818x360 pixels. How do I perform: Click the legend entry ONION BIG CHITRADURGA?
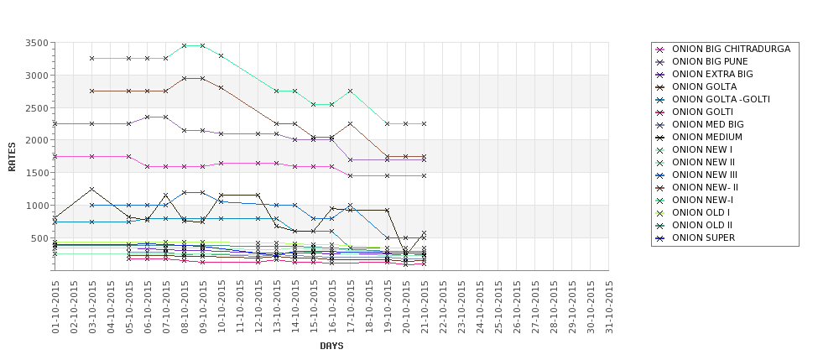click(731, 50)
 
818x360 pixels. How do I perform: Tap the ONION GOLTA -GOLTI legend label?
click(721, 100)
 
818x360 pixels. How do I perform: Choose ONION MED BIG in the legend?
click(708, 125)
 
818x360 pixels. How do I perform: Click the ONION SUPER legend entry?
click(703, 238)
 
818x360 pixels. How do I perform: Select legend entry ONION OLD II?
click(702, 226)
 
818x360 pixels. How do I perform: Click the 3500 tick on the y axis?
click(37, 43)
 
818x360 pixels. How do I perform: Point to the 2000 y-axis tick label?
click(37, 140)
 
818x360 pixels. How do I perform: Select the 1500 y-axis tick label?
click(37, 173)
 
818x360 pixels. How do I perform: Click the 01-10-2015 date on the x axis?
click(55, 306)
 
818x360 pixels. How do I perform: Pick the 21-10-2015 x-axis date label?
click(425, 306)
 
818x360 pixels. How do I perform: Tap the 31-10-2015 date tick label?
click(609, 306)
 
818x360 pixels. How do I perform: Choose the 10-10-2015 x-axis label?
click(221, 306)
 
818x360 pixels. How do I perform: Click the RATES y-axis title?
click(12, 156)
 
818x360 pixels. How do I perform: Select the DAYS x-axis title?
click(331, 346)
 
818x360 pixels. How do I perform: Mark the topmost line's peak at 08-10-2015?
click(185, 45)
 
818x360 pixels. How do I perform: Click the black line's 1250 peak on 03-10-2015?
click(92, 189)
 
